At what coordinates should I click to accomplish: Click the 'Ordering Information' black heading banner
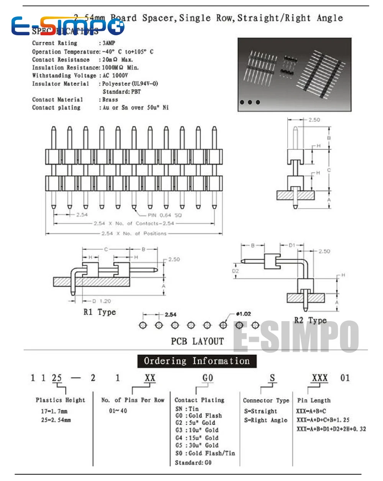(197, 361)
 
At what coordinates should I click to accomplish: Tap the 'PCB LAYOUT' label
(197, 341)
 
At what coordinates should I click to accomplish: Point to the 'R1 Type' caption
(100, 312)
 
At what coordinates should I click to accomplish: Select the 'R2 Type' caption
(310, 320)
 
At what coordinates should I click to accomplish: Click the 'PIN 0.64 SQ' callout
(165, 215)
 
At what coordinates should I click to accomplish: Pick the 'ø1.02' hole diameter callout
(244, 314)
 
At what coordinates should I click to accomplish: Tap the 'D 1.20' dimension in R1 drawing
(101, 301)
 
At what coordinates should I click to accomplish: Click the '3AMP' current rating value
(109, 43)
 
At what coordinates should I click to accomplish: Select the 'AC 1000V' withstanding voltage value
(115, 76)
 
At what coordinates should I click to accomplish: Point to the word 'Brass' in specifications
(110, 100)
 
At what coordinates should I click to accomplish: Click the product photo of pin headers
(294, 74)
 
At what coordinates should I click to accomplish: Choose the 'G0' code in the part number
(208, 378)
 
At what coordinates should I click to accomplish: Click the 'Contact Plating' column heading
(200, 400)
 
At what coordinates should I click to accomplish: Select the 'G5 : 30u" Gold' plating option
(197, 445)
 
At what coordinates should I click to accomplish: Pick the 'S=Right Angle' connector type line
(265, 420)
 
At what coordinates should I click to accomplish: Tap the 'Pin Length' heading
(314, 401)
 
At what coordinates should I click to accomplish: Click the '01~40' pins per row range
(118, 411)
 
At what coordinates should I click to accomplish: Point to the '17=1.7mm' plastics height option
(54, 411)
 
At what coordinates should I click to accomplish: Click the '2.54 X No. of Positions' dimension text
(134, 233)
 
